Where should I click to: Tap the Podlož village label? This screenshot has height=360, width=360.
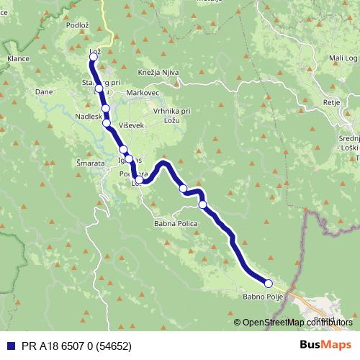point(77,24)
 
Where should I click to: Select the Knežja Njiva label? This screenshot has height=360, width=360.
point(158,73)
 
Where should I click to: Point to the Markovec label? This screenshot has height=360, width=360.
point(143,94)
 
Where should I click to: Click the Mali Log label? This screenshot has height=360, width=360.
point(343,57)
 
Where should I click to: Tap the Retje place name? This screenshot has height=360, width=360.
point(331,102)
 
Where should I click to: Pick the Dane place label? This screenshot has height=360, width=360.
point(44,92)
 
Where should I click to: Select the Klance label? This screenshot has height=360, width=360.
point(17,57)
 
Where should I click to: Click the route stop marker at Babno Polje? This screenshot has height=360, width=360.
point(269,284)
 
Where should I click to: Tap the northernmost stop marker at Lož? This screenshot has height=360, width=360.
point(93,57)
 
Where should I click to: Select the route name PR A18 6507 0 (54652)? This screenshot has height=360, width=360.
point(70,346)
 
